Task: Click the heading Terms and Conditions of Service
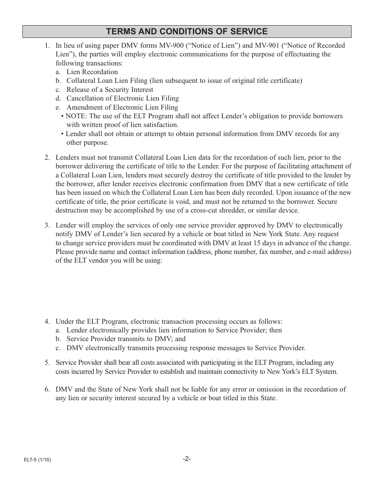(x=187, y=32)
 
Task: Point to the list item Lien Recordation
(x=92, y=72)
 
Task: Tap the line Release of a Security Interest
(x=109, y=90)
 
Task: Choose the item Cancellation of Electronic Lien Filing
(x=122, y=99)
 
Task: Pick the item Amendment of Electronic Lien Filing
(x=122, y=108)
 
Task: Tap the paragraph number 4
(x=47, y=322)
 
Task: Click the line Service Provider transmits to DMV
(x=126, y=339)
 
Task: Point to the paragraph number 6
(x=47, y=390)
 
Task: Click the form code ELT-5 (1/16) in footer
(x=37, y=460)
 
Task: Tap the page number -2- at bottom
(x=187, y=459)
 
